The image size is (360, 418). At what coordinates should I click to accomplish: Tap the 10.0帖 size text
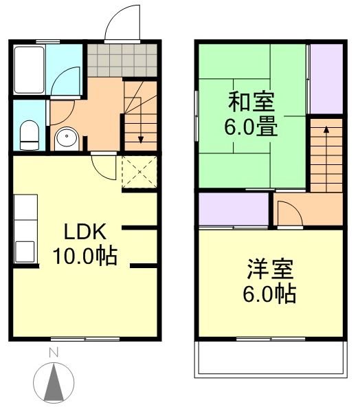click(85, 256)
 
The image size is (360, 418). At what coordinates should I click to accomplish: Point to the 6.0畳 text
click(251, 127)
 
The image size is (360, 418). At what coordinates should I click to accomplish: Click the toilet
click(29, 134)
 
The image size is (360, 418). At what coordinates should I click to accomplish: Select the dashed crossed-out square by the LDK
click(140, 173)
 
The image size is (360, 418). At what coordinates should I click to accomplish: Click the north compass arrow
click(54, 382)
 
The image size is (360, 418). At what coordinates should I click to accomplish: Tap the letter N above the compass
click(53, 354)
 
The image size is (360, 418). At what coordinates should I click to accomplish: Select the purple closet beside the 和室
click(325, 78)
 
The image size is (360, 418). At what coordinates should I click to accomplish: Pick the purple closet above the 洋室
click(234, 210)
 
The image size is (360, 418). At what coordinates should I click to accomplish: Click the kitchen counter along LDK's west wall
click(24, 230)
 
